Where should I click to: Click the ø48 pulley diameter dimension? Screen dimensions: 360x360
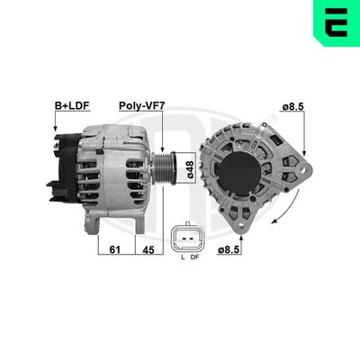pos(190,167)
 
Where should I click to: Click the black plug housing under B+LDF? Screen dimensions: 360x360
pos(58,171)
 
